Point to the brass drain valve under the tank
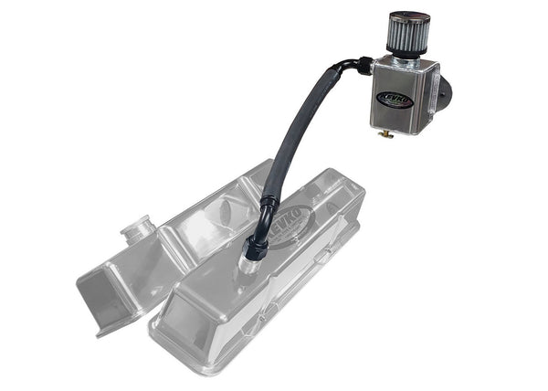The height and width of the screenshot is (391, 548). pyautogui.click(x=387, y=134)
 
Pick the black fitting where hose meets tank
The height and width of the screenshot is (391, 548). pyautogui.click(x=364, y=65)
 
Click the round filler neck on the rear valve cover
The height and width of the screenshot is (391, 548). pyautogui.click(x=138, y=227)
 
